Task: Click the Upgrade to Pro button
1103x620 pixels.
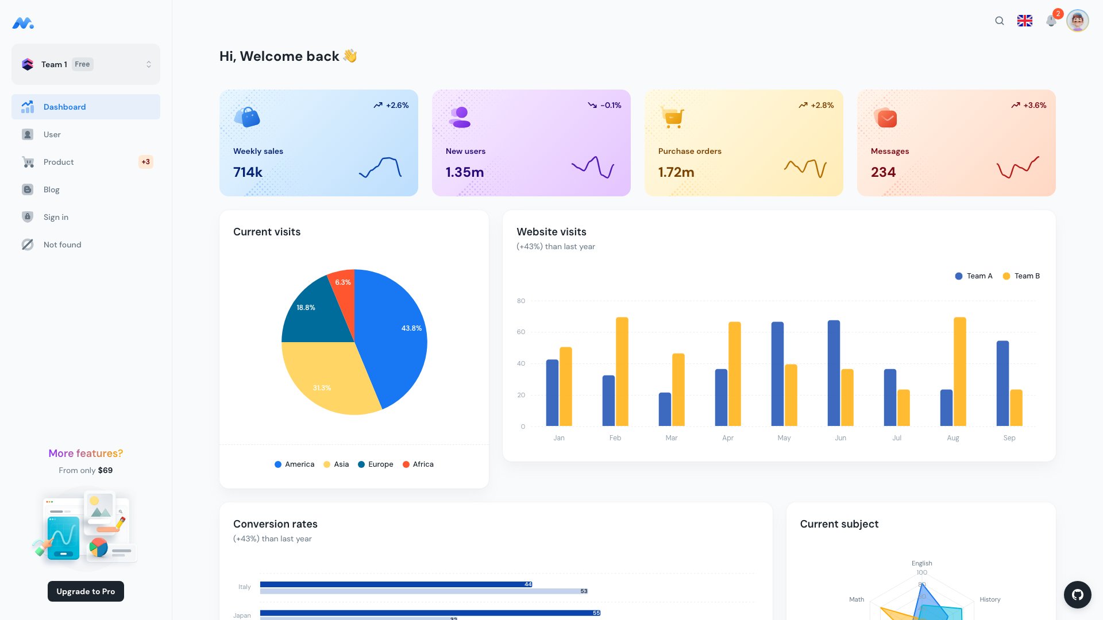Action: (86, 591)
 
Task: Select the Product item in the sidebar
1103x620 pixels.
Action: (59, 162)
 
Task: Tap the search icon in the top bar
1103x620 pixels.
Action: (1000, 21)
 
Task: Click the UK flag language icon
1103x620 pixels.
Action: (1025, 21)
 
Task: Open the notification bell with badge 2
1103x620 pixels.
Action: (1051, 21)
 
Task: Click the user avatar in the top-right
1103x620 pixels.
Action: (1078, 21)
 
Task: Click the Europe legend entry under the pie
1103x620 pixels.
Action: (376, 464)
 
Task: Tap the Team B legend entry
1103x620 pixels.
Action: (1021, 276)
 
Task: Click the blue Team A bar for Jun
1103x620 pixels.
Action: (834, 373)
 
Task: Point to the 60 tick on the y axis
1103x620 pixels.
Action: (521, 332)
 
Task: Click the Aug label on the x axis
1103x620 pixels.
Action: (953, 438)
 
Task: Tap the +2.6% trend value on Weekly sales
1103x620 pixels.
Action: (397, 105)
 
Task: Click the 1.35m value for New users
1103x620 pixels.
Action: (465, 172)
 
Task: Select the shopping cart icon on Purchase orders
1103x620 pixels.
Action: (672, 117)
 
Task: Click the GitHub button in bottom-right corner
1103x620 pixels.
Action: (1078, 595)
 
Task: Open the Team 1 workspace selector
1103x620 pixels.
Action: (86, 64)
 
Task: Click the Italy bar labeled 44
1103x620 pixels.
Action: (396, 584)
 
